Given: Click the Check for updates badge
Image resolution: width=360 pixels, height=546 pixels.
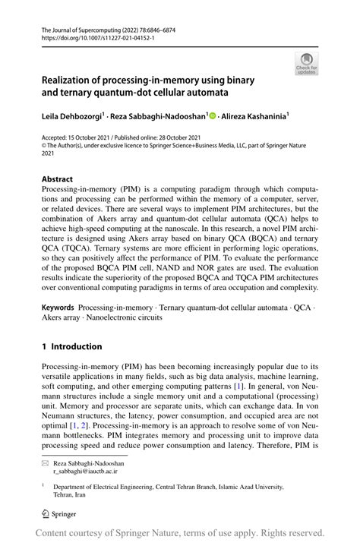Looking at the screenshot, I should coord(306,63).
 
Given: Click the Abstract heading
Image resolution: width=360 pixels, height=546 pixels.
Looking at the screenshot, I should coord(57,180).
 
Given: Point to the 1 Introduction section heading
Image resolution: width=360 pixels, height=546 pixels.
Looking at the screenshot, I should coord(71,346).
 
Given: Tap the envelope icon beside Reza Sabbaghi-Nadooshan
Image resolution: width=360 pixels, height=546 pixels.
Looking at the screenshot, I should coord(44,462).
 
